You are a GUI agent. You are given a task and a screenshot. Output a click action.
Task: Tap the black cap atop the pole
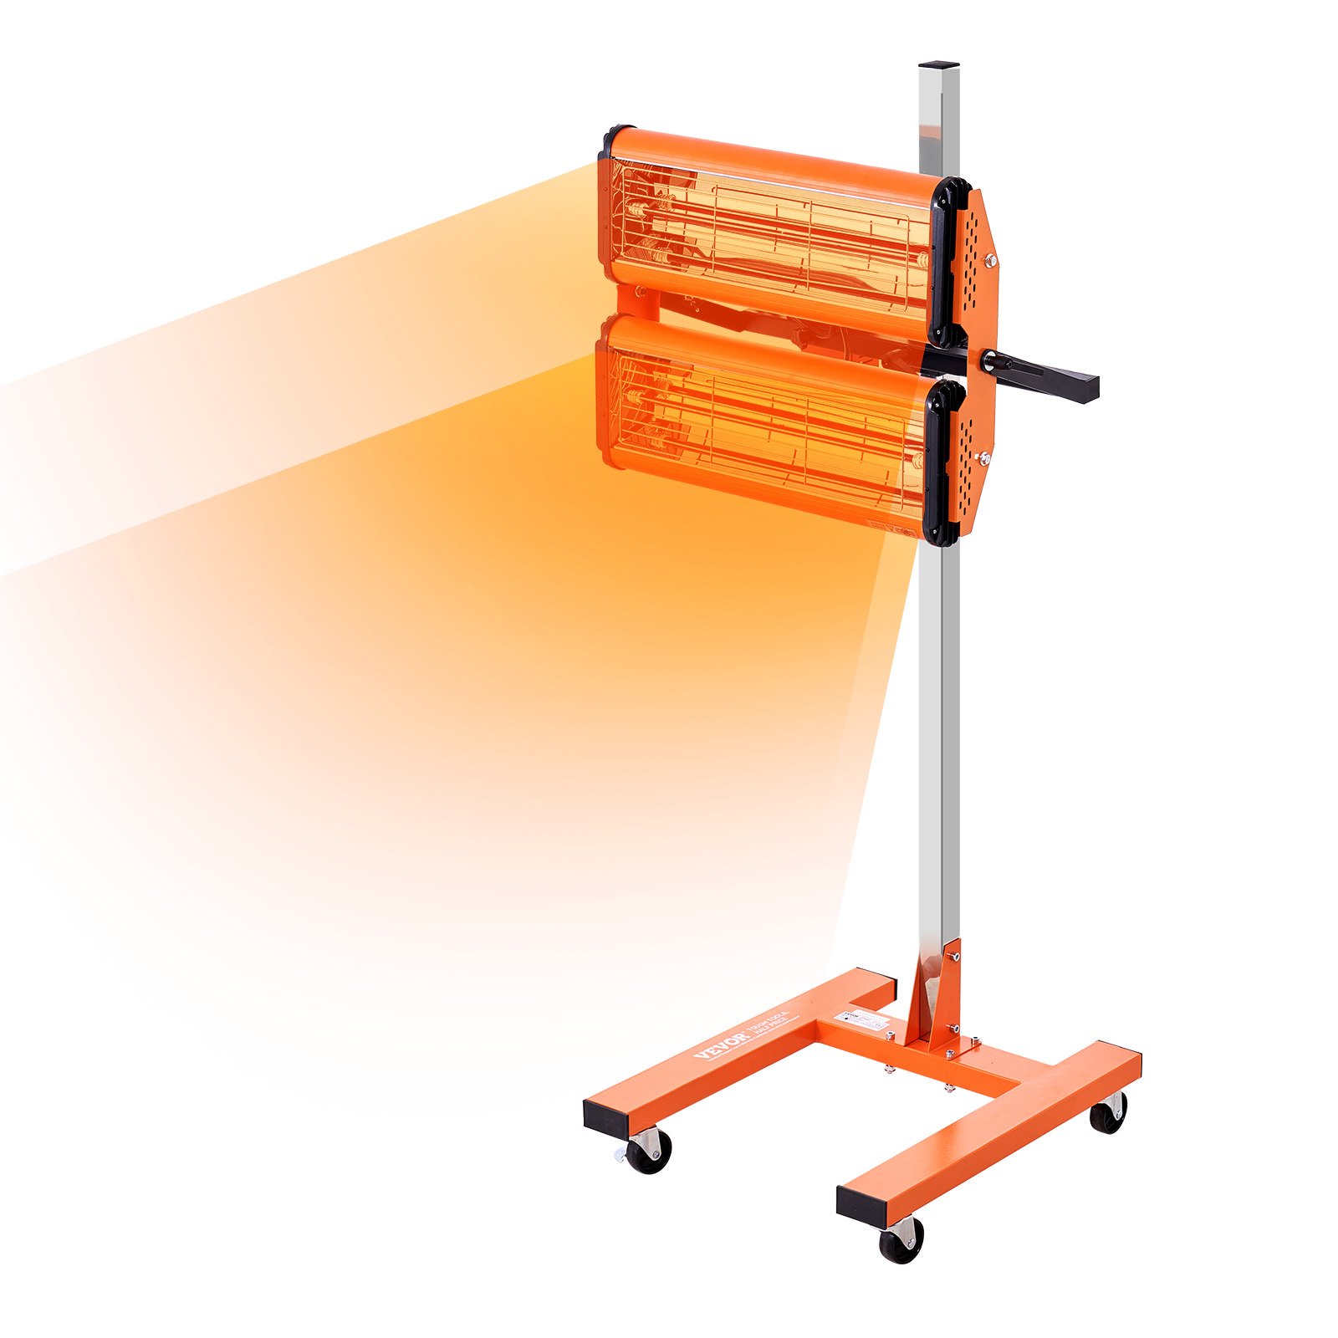(x=938, y=64)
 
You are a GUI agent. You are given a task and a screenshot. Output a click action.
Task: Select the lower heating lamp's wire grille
(x=765, y=426)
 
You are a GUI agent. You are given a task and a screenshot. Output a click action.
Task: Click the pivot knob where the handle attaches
(x=991, y=360)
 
